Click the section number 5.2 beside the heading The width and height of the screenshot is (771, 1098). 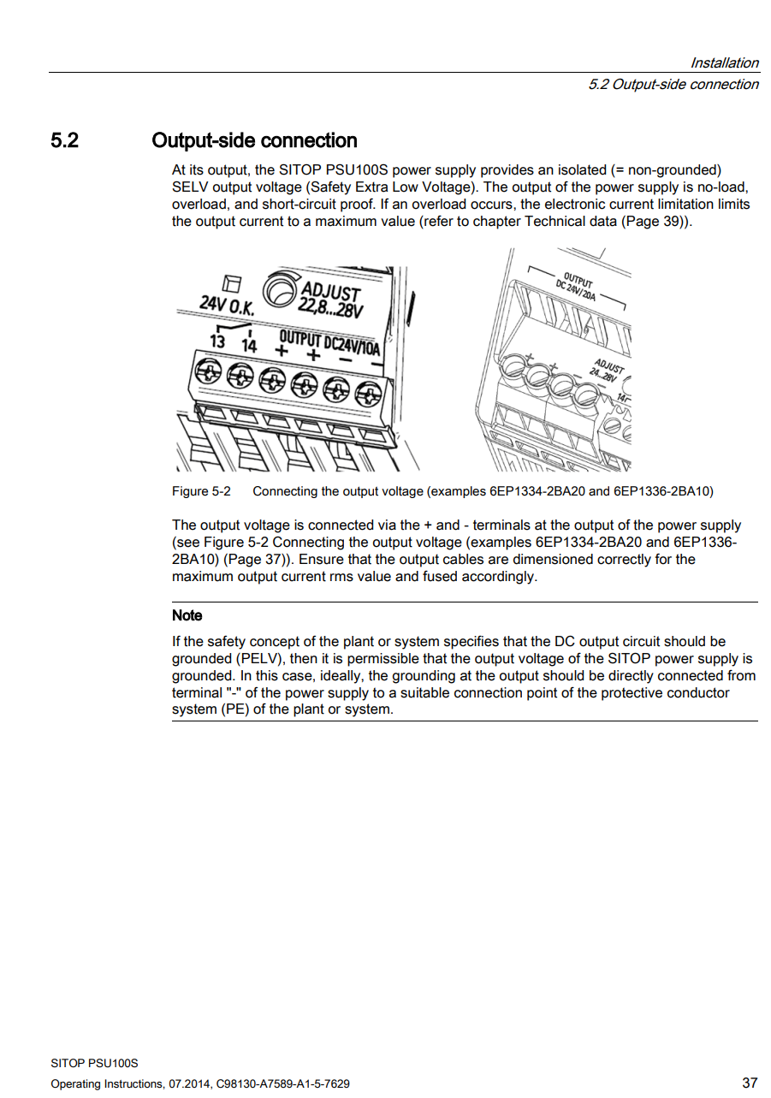coord(64,140)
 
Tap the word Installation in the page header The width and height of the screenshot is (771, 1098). coord(724,62)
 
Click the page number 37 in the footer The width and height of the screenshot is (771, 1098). coord(749,1083)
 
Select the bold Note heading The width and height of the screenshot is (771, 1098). coord(187,615)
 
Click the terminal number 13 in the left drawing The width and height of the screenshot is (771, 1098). coord(217,341)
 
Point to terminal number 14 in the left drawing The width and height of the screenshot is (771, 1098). coord(248,344)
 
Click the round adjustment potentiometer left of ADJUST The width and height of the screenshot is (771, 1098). coord(279,289)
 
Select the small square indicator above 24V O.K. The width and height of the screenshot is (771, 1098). coord(230,283)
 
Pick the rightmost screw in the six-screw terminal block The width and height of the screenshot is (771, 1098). coord(368,393)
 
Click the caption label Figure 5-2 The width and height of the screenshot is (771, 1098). coord(201,491)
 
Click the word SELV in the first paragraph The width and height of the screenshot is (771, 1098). coord(191,187)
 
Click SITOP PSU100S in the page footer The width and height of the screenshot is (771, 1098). coord(94,1063)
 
